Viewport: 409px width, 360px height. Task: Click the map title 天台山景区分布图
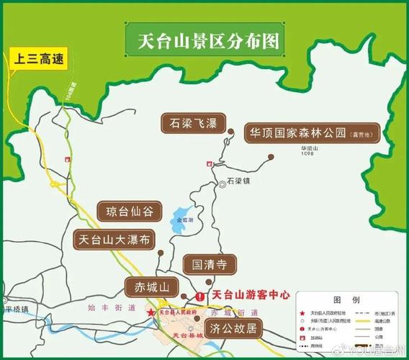[x=203, y=39]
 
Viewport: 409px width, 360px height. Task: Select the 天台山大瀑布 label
[x=114, y=240]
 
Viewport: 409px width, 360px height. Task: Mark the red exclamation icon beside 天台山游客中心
[x=199, y=296]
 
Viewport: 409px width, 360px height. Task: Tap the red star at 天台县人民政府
[x=151, y=312]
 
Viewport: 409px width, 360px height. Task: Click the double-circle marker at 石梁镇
[x=223, y=184]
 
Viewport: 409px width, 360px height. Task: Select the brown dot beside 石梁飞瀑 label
[x=231, y=132]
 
